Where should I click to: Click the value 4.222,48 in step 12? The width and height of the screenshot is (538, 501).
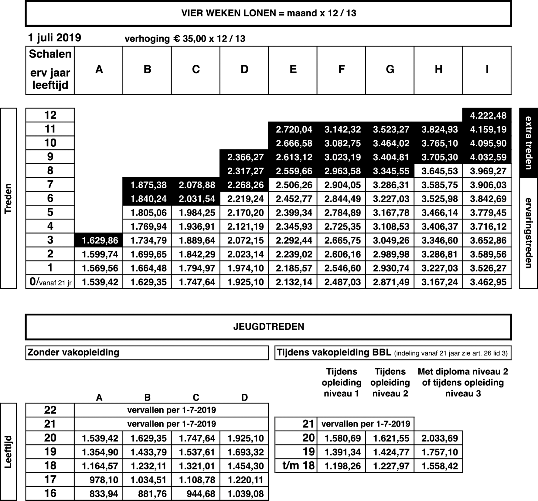[488, 116]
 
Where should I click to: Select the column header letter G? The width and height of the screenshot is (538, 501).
[390, 70]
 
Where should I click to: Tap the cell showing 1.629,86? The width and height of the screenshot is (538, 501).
[100, 240]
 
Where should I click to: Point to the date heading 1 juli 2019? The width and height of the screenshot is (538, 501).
[55, 38]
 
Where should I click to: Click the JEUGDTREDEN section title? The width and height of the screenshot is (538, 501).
[268, 327]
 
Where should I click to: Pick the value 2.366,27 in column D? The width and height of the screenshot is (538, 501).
[245, 157]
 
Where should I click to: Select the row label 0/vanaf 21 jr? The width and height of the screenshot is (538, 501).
[50, 282]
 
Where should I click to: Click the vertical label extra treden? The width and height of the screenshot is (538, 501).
[528, 143]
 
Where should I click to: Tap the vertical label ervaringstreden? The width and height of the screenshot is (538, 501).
[528, 233]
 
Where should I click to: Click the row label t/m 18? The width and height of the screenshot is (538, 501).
[298, 466]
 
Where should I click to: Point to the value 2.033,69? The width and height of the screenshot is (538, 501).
[440, 438]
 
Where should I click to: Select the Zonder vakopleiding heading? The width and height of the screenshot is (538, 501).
[73, 353]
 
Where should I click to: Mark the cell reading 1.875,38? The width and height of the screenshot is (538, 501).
[148, 185]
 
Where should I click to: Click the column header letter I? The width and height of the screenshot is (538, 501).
[487, 70]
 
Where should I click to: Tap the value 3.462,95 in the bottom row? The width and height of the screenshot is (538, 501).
[488, 282]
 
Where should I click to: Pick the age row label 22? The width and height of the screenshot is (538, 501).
[50, 410]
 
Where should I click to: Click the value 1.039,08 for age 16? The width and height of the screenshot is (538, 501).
[245, 494]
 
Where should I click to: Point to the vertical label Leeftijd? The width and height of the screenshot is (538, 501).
[9, 452]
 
